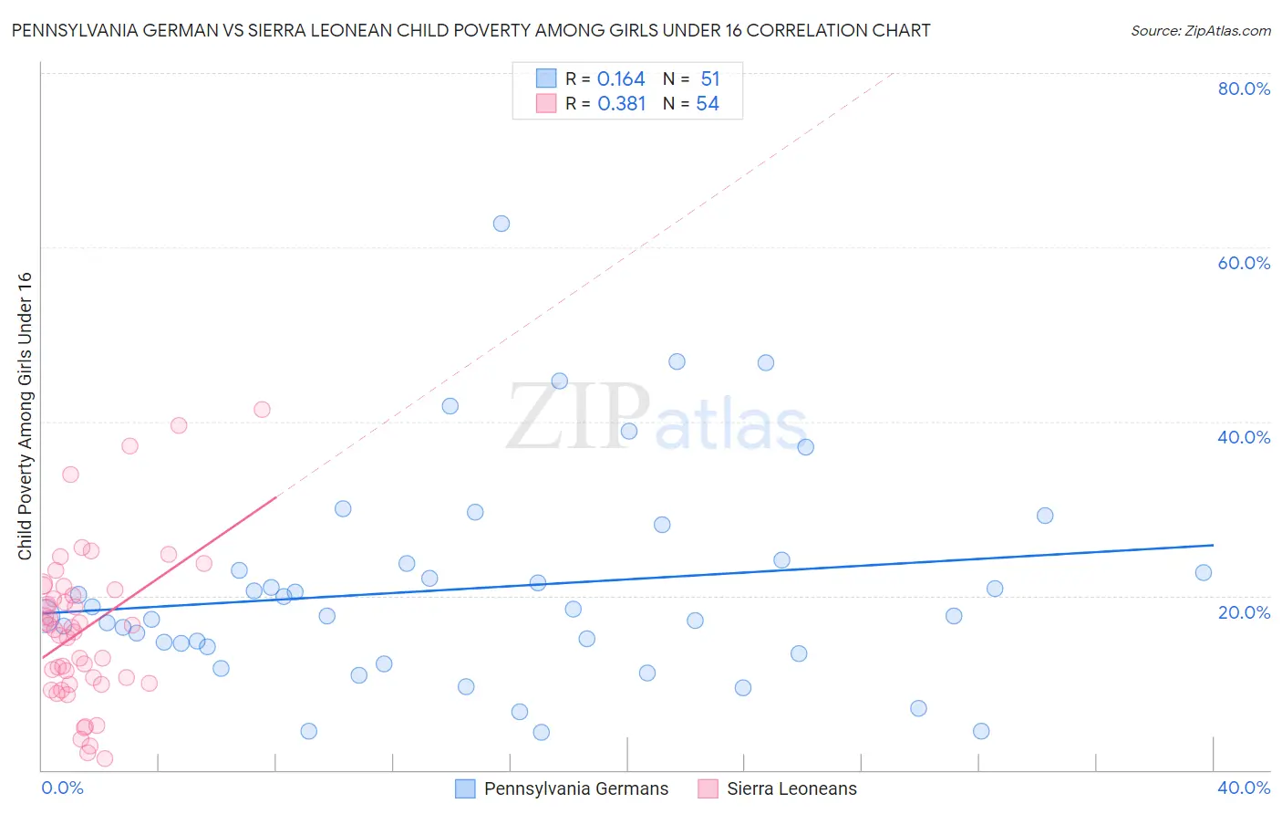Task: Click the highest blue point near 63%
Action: (501, 224)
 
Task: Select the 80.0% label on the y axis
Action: (1244, 89)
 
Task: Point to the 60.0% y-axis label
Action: (1244, 263)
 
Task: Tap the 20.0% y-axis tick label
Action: (1244, 612)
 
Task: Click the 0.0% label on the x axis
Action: (63, 788)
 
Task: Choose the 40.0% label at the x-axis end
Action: (1244, 788)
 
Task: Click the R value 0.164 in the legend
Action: (621, 79)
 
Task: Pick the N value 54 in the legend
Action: (708, 104)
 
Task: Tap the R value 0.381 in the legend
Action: (622, 104)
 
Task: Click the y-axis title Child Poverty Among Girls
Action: (25, 416)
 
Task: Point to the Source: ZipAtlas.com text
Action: (1200, 31)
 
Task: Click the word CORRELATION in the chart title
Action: (804, 30)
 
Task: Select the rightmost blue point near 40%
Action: (806, 447)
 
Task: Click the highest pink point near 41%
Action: (262, 410)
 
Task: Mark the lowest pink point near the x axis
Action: (105, 758)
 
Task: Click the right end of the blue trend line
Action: (1213, 545)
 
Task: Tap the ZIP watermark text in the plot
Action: (578, 418)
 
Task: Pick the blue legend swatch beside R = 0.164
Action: (546, 78)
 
